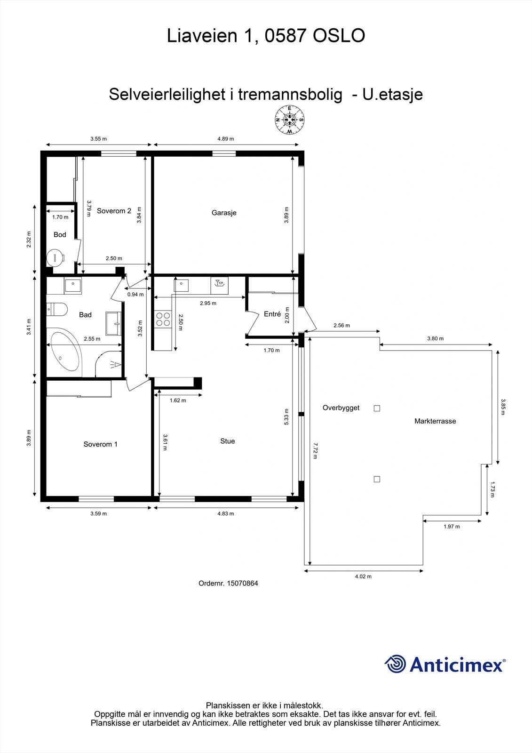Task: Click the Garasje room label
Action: coord(224,213)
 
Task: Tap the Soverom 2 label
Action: coord(114,211)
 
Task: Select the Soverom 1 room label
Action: coord(100,444)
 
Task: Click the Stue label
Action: coord(227,441)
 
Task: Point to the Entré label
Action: coord(272,314)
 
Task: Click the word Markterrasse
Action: coord(435,421)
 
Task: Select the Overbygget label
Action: coord(341,408)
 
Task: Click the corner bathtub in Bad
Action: coord(64,352)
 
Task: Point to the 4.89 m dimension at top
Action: coord(225,139)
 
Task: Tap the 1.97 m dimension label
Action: coord(452,527)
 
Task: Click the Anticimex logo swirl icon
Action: coord(396,665)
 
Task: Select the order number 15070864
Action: coord(242,583)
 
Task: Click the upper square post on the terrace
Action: coord(377,409)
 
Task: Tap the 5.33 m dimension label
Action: coord(287,417)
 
